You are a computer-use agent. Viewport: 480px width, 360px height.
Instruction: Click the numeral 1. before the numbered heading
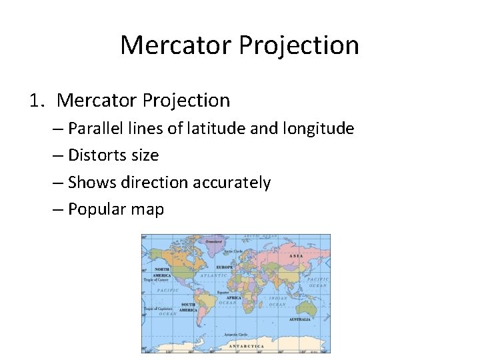tap(37, 101)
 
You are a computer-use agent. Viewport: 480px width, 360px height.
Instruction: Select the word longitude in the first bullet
tap(320, 128)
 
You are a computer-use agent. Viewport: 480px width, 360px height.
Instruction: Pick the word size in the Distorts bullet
tap(146, 155)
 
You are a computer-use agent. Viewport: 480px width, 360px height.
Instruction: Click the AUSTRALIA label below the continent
tap(300, 319)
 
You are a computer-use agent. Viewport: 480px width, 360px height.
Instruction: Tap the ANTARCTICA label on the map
tap(246, 346)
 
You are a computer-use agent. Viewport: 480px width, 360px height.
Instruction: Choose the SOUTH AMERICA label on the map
tap(188, 308)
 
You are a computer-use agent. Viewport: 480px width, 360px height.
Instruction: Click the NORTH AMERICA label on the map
tap(163, 273)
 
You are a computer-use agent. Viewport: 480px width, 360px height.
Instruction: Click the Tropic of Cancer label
tap(157, 280)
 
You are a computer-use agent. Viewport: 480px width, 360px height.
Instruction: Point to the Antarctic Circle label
tap(236, 333)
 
